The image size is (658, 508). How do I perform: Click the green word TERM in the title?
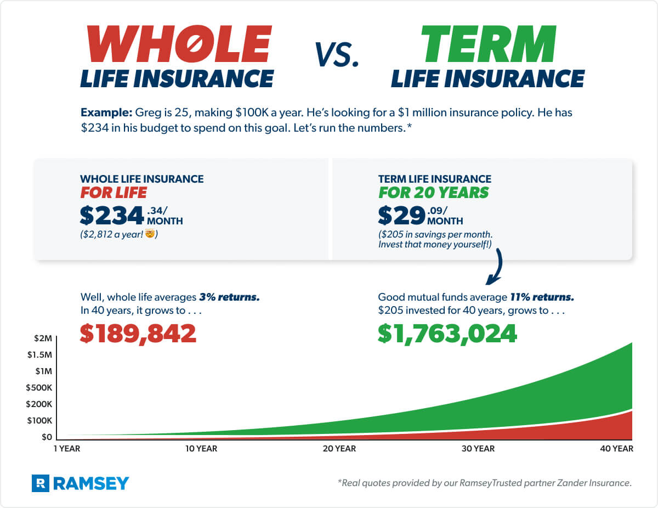click(488, 44)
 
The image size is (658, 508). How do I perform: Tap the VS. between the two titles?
click(337, 55)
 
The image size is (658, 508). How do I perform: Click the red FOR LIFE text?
click(114, 193)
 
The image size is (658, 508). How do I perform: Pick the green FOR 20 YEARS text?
click(433, 193)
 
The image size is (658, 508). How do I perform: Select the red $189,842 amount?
click(138, 332)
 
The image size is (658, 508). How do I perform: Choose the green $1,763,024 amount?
click(447, 332)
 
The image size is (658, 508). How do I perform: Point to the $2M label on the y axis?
click(45, 338)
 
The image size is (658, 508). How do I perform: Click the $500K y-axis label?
click(39, 388)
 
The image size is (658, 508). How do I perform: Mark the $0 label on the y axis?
click(47, 437)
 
